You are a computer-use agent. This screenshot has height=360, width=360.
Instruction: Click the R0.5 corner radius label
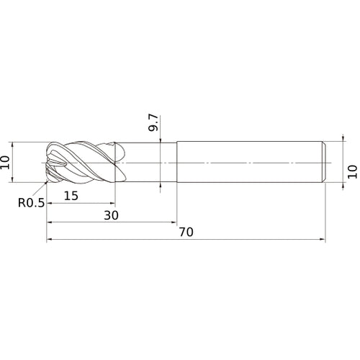click(31, 203)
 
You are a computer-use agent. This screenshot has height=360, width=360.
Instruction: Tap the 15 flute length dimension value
click(71, 196)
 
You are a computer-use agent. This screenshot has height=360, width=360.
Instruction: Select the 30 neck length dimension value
click(111, 215)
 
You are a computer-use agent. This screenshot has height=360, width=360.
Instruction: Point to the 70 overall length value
click(186, 232)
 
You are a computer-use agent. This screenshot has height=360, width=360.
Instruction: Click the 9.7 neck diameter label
click(153, 122)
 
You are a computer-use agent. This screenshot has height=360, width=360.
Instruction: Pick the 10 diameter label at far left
click(5, 162)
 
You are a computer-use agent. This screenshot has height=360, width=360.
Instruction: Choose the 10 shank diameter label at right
click(352, 171)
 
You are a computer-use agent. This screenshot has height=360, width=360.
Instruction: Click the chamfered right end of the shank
click(324, 162)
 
